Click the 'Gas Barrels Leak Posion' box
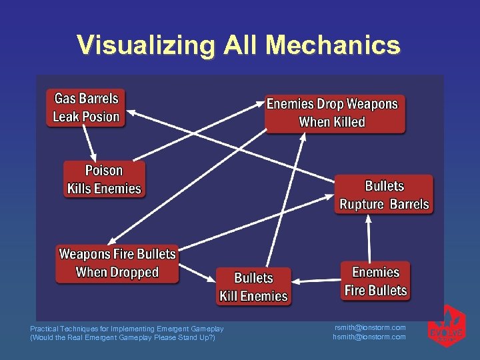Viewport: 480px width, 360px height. click(x=86, y=108)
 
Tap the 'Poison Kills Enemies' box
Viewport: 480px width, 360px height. click(x=104, y=179)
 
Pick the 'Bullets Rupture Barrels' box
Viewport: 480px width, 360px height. click(x=384, y=195)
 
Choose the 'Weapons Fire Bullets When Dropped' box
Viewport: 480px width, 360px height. click(x=117, y=263)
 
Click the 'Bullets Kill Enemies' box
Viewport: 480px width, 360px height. click(x=253, y=287)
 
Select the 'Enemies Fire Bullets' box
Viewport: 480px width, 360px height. click(x=375, y=281)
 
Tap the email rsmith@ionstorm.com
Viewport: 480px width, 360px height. click(x=369, y=327)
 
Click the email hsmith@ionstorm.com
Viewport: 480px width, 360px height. click(x=369, y=337)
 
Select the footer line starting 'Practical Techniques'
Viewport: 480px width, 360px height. click(x=127, y=328)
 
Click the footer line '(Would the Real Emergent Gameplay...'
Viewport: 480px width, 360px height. click(x=123, y=337)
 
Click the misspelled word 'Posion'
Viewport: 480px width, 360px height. click(x=101, y=117)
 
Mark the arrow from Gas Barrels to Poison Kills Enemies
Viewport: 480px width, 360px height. click(x=87, y=142)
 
